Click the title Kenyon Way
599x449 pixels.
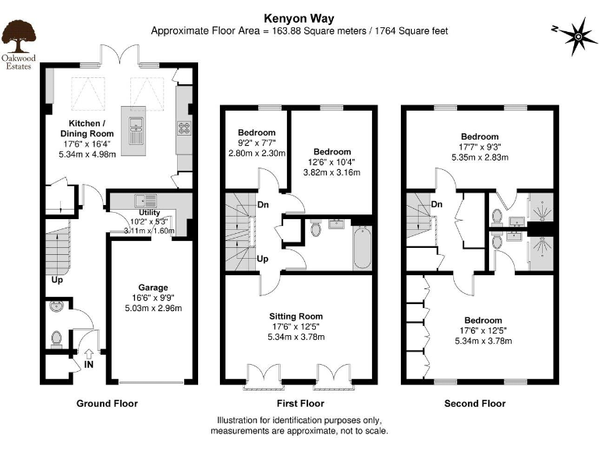[x=299, y=16]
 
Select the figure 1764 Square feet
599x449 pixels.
[x=409, y=30]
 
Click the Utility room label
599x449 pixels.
[x=149, y=212]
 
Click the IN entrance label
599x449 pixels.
[x=90, y=364]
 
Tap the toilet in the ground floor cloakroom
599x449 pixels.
[x=56, y=339]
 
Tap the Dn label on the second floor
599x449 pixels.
[x=437, y=204]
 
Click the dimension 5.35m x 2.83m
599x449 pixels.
[x=479, y=157]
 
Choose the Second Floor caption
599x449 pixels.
[x=474, y=404]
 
